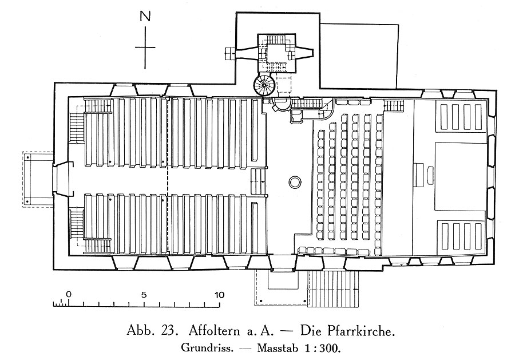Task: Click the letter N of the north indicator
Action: point(145,16)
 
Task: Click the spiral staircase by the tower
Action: point(264,85)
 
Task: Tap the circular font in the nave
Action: point(295,181)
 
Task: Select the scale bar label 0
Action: point(68,294)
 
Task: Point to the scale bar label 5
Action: point(144,295)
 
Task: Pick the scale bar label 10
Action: point(219,295)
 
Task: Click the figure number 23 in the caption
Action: point(169,331)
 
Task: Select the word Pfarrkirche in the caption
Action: point(360,331)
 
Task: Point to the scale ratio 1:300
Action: point(323,347)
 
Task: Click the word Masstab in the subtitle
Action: point(278,347)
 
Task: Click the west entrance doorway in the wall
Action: point(62,179)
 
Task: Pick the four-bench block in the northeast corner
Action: point(461,117)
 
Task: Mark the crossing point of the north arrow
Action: point(145,48)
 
